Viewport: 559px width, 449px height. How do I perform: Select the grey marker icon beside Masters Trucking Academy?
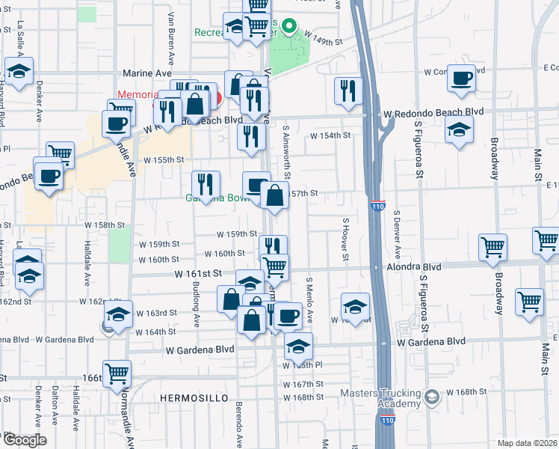tap(431, 397)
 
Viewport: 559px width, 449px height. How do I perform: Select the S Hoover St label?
tap(346, 240)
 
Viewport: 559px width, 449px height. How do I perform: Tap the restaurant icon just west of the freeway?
tap(348, 91)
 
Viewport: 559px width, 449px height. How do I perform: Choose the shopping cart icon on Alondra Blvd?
tap(493, 246)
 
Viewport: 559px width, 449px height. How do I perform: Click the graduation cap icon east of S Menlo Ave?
tap(356, 306)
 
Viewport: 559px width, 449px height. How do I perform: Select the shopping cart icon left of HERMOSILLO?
tap(117, 372)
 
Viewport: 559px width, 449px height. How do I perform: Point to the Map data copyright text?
tap(527, 443)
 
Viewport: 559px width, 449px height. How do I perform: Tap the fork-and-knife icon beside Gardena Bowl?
tap(205, 183)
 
